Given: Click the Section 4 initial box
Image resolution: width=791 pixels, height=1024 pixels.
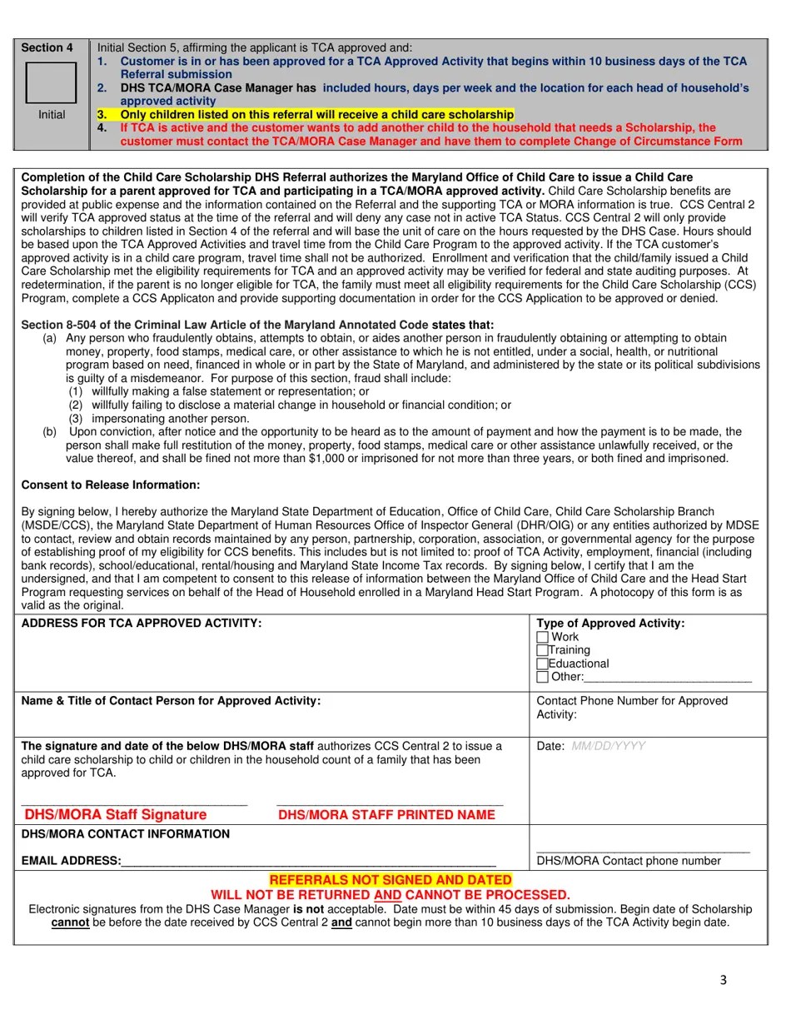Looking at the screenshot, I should pyautogui.click(x=51, y=82).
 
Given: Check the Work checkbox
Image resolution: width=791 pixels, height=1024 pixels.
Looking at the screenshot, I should pyautogui.click(x=543, y=637).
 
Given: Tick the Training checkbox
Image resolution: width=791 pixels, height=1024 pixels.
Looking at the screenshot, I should pyautogui.click(x=543, y=650).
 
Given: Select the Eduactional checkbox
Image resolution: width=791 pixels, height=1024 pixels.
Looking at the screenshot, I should pyautogui.click(x=543, y=664).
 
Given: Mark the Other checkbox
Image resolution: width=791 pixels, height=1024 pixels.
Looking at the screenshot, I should pyautogui.click(x=543, y=677).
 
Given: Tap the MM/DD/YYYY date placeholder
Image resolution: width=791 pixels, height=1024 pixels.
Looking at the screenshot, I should pyautogui.click(x=608, y=747).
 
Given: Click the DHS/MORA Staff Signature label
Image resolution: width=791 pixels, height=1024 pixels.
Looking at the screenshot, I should pyautogui.click(x=116, y=815).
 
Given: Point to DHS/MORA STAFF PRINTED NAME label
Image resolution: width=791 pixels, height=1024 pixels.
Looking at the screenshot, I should pyautogui.click(x=386, y=815).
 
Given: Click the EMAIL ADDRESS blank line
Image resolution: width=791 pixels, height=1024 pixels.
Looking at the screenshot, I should pyautogui.click(x=308, y=862).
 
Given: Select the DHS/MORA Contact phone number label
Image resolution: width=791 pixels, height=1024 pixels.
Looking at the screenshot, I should pyautogui.click(x=629, y=861).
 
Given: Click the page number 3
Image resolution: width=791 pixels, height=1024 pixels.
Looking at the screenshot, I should pyautogui.click(x=723, y=980).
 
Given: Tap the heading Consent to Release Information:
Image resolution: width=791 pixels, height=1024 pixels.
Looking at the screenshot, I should pyautogui.click(x=111, y=485).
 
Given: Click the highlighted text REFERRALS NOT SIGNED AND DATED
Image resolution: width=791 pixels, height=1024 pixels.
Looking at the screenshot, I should pyautogui.click(x=390, y=880).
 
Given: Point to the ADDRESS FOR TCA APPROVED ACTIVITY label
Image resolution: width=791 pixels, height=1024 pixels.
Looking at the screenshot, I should pyautogui.click(x=142, y=624).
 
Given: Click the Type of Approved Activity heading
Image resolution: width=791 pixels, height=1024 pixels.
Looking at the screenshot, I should pyautogui.click(x=610, y=624).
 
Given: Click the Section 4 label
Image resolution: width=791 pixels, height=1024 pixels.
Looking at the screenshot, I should pyautogui.click(x=47, y=47).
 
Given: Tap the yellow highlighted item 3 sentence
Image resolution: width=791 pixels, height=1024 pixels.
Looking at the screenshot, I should pyautogui.click(x=316, y=114).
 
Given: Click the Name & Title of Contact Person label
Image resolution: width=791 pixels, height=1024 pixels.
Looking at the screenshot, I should pyautogui.click(x=171, y=701).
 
